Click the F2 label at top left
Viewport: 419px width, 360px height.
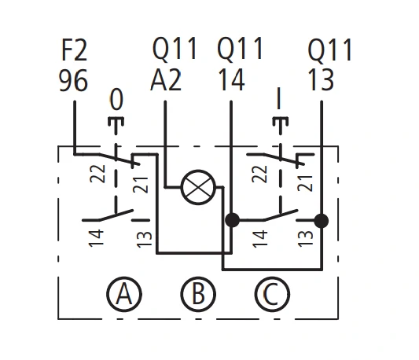coord(75,50)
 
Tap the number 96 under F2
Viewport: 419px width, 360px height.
coord(73,80)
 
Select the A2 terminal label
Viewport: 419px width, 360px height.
coord(166,80)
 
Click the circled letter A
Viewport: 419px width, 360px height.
coord(124,294)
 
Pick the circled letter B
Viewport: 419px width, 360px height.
coord(198,294)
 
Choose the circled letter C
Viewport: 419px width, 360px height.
coord(272,294)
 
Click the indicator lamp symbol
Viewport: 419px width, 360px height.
coord(198,187)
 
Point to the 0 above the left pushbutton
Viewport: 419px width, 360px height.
coord(117,99)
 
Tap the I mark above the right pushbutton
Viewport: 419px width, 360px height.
coord(279,98)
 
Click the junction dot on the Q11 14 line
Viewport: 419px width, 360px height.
coord(232,221)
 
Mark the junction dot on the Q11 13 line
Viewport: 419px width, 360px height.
coord(322,221)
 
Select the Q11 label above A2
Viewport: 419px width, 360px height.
coord(175,49)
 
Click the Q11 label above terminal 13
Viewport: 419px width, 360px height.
coord(330,50)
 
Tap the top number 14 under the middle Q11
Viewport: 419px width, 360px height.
coord(232,80)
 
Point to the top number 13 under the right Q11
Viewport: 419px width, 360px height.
coord(321,80)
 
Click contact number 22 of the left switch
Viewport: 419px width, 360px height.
coord(97,174)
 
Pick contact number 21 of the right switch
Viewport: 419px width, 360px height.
coord(305,183)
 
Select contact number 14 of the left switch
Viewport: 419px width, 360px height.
coord(96,238)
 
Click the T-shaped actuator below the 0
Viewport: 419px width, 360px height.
coord(116,125)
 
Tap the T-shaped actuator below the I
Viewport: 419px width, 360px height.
coord(281,125)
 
